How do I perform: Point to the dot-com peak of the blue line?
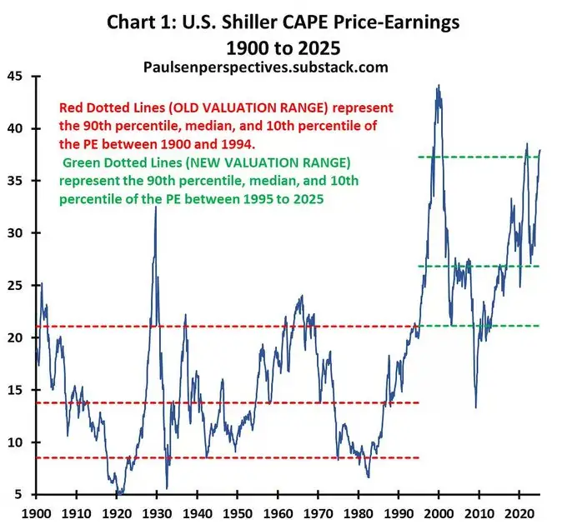439,85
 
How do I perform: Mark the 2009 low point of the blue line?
476,407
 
